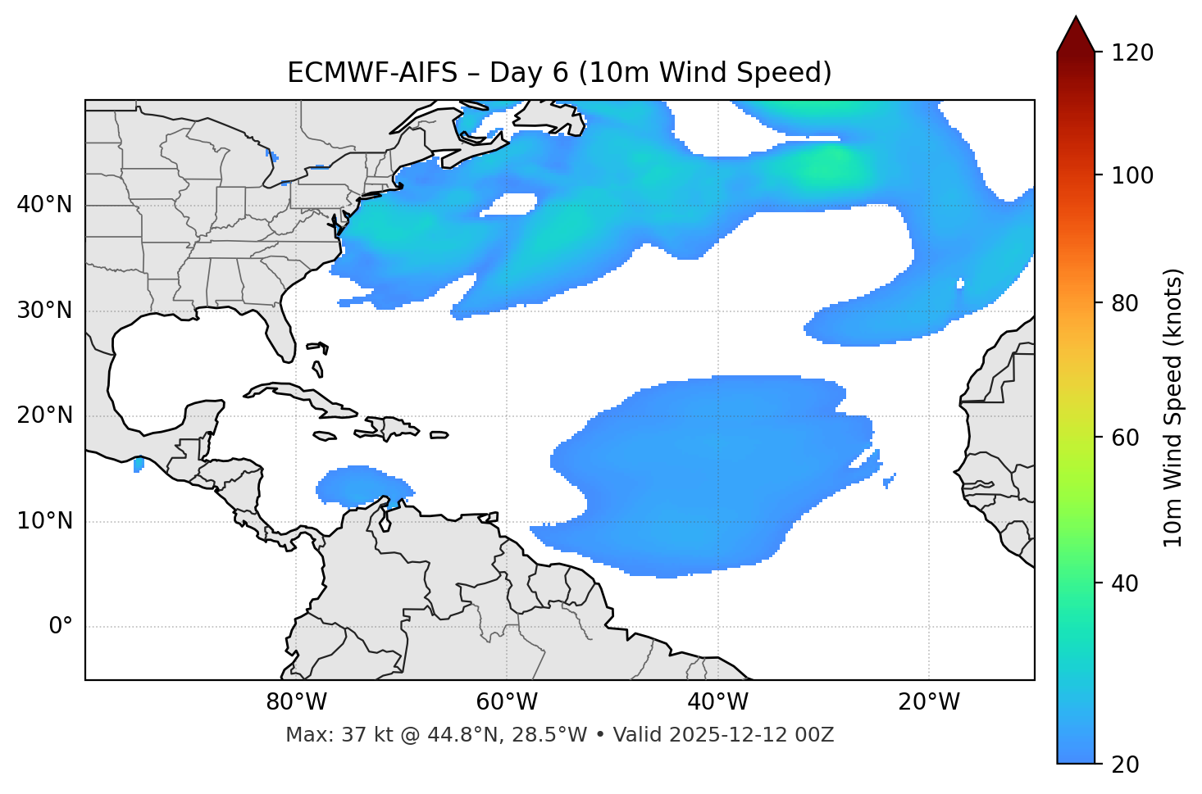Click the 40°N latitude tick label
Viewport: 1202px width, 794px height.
point(44,205)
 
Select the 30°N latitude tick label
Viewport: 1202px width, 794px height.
point(44,311)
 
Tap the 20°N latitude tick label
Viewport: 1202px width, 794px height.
point(44,415)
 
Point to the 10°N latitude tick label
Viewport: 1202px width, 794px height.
point(44,521)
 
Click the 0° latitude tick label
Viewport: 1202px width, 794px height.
point(61,627)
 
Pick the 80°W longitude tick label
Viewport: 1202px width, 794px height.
point(296,702)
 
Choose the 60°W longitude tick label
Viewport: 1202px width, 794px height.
point(507,702)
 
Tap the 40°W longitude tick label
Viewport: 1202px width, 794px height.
point(718,702)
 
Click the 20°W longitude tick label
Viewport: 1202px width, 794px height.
point(929,702)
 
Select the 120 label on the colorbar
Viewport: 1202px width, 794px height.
point(1132,53)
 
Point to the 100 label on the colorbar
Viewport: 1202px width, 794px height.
point(1132,175)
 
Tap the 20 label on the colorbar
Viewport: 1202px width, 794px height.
point(1125,765)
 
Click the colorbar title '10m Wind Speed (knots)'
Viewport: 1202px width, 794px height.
point(1173,408)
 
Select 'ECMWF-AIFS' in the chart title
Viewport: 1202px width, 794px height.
point(372,73)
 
